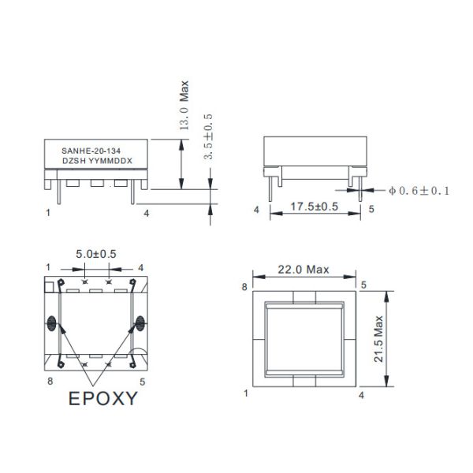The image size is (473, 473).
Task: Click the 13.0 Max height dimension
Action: click(x=184, y=105)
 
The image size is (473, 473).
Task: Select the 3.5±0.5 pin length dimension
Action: click(x=208, y=136)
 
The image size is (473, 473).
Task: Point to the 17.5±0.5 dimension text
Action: click(x=315, y=207)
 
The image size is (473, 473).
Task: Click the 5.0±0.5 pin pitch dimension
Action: click(x=96, y=254)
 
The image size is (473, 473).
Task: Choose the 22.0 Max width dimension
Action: click(x=304, y=270)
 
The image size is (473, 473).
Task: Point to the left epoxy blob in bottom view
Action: click(x=53, y=322)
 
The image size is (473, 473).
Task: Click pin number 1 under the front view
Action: click(x=48, y=212)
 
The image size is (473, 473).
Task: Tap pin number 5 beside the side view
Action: click(x=371, y=210)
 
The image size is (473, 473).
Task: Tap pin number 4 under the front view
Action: click(x=146, y=212)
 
